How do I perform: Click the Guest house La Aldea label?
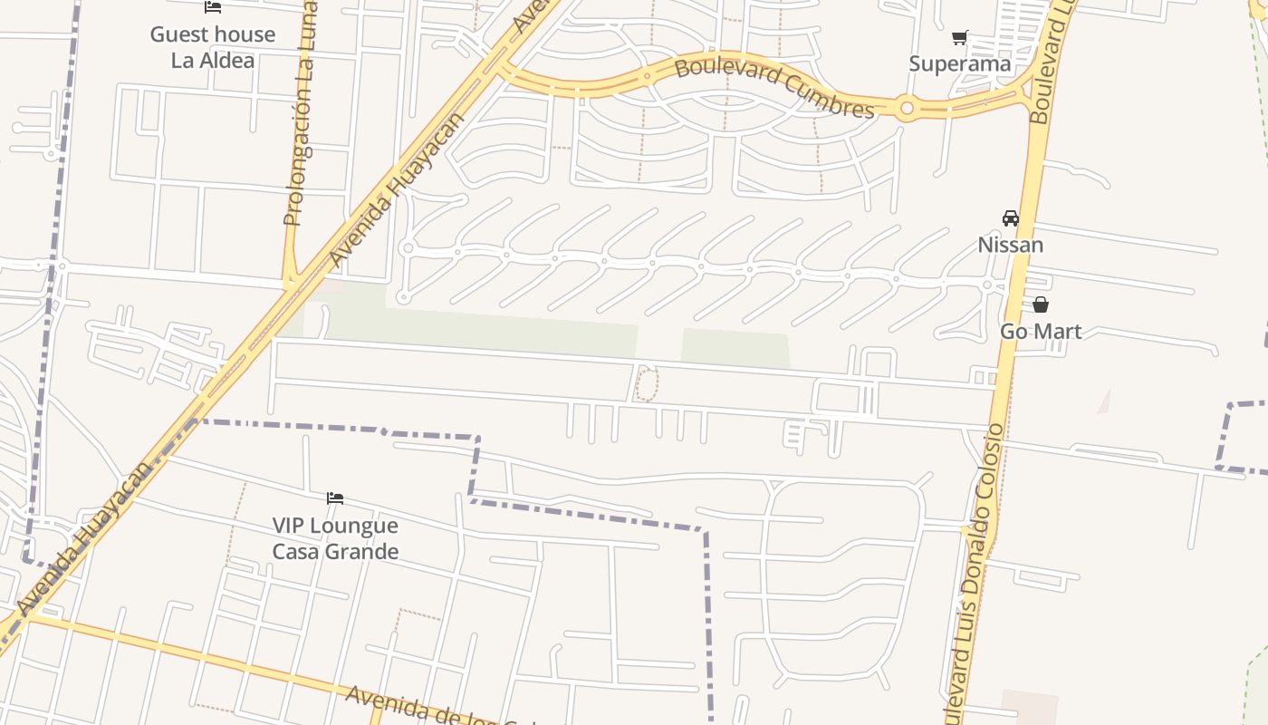click(213, 47)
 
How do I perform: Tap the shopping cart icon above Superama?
click(960, 38)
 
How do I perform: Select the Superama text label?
click(959, 63)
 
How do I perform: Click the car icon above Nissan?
click(1010, 218)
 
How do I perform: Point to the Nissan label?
click(1010, 245)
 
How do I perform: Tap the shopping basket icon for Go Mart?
click(1040, 304)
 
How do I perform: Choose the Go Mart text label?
click(1040, 332)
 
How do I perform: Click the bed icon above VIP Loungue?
click(335, 498)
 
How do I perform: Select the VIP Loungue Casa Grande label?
click(335, 538)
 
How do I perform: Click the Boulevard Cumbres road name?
click(774, 88)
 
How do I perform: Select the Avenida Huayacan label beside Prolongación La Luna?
click(397, 190)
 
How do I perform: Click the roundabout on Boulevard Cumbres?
click(907, 108)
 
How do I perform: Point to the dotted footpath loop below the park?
click(646, 383)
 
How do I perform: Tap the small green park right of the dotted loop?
click(735, 349)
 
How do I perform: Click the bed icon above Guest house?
click(213, 7)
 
